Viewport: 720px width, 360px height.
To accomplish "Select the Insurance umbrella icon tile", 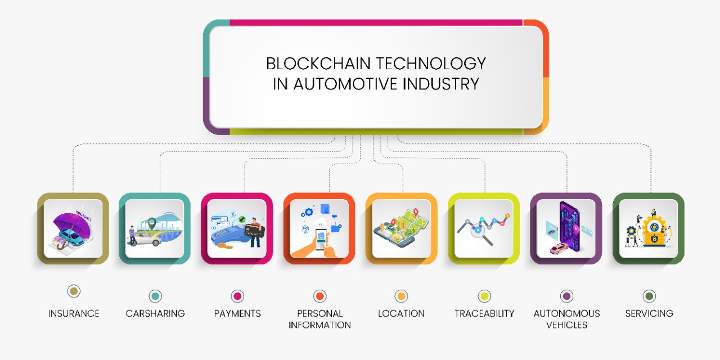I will [73, 228].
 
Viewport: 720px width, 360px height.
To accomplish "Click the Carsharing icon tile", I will [155, 228].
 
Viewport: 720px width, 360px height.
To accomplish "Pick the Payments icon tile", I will [237, 228].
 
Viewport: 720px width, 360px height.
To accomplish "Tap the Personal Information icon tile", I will [319, 228].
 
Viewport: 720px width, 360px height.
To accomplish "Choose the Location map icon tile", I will [401, 228].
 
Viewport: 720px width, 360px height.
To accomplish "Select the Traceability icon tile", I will [484, 228].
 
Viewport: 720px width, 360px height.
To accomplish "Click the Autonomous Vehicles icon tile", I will [566, 228].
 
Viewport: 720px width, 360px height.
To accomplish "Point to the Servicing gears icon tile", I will [648, 228].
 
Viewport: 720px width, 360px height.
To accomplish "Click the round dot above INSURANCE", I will [74, 291].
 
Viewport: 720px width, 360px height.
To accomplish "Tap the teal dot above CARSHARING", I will [155, 296].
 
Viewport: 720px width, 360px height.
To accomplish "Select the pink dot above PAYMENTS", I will [237, 296].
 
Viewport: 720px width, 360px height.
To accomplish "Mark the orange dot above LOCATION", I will [401, 296].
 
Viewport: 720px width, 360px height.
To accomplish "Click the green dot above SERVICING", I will [649, 296].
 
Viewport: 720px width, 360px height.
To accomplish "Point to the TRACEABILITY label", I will [484, 313].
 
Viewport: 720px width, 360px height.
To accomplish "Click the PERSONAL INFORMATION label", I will [319, 319].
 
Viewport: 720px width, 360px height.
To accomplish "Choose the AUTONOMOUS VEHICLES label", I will [566, 319].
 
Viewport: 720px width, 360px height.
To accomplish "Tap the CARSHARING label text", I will [155, 313].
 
